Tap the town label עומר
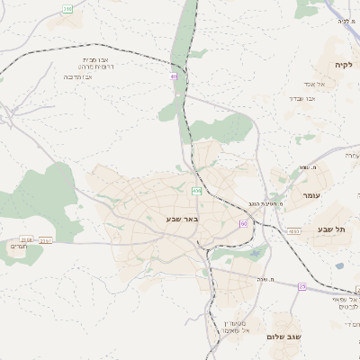pyautogui.click(x=311, y=195)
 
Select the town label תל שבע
pyautogui.click(x=331, y=229)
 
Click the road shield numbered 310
pyautogui.click(x=68, y=8)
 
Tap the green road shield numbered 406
pyautogui.click(x=196, y=190)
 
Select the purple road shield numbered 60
pyautogui.click(x=243, y=222)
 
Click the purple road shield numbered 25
pyautogui.click(x=302, y=286)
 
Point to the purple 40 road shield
pyautogui.click(x=174, y=76)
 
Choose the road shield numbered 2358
pyautogui.click(x=26, y=239)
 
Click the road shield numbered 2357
pyautogui.click(x=47, y=239)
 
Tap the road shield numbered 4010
pyautogui.click(x=293, y=230)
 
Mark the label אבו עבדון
pyautogui.click(x=301, y=97)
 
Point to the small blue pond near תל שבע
pyautogui.click(x=339, y=265)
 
